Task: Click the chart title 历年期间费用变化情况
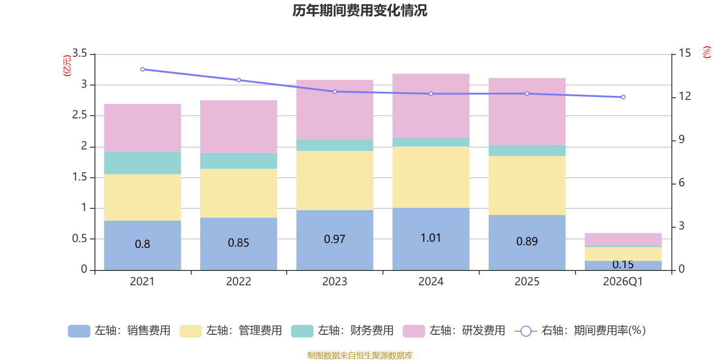[x=360, y=11]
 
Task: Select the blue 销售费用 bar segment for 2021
[x=142, y=245]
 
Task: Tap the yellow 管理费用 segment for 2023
[x=334, y=180]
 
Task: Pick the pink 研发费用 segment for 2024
[x=431, y=105]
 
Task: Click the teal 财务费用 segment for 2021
[x=142, y=163]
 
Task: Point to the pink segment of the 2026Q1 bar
[x=623, y=239]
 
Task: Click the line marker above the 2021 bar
[x=143, y=69]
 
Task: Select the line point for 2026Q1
[x=623, y=97]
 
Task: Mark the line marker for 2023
[x=335, y=92]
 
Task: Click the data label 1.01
[x=431, y=238]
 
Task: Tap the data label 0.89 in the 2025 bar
[x=527, y=241]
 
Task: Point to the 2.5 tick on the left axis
[x=80, y=115]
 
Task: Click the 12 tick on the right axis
[x=685, y=96]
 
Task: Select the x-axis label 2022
[x=238, y=282]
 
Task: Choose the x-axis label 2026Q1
[x=623, y=282]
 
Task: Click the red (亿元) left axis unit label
[x=67, y=66]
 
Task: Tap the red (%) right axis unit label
[x=707, y=52]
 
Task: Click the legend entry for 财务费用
[x=342, y=331]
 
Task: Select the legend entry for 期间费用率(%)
[x=580, y=331]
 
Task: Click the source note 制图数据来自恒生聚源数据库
[x=360, y=355]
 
